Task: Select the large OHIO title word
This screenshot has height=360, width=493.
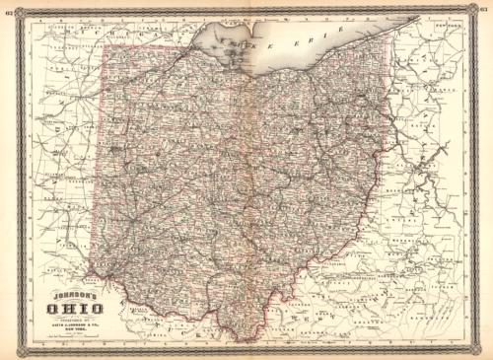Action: coord(65,307)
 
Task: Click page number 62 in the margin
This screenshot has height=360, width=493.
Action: coord(8,13)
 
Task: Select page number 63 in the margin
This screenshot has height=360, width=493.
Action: coord(485,13)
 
